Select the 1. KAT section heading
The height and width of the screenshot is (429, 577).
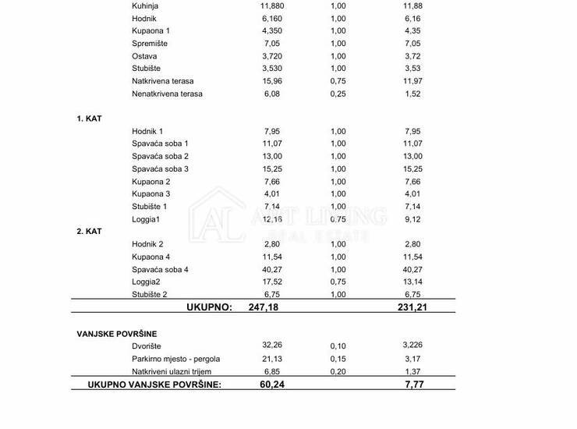tap(89, 119)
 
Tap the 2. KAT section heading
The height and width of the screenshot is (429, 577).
tap(89, 232)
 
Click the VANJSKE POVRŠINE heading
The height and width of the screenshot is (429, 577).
tap(117, 334)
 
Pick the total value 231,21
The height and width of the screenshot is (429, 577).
tap(412, 307)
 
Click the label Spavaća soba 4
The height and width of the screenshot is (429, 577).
tap(160, 269)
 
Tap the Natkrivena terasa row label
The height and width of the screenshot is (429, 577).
tap(163, 81)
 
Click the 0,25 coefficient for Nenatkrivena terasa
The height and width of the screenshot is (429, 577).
tap(338, 94)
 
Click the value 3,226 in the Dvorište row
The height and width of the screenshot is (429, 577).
tap(412, 346)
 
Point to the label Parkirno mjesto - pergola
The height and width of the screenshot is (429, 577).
tap(177, 359)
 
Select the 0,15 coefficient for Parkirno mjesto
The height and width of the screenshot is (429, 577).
tap(338, 359)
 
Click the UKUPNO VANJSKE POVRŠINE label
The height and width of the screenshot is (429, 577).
tap(154, 385)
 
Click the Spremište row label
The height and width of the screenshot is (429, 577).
tap(150, 44)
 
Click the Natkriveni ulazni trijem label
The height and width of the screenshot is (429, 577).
tap(172, 371)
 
